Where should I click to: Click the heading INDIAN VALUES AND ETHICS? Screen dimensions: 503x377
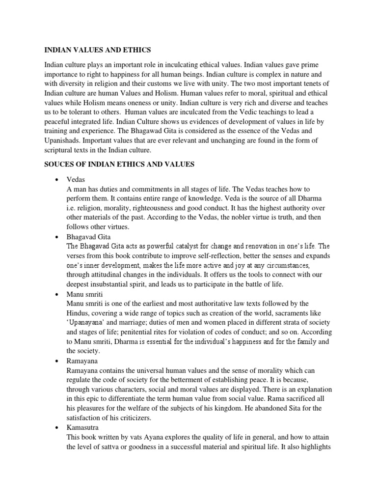click(98, 50)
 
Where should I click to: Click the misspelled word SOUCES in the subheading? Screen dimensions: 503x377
click(59, 165)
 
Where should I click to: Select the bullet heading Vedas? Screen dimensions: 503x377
click(76, 180)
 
